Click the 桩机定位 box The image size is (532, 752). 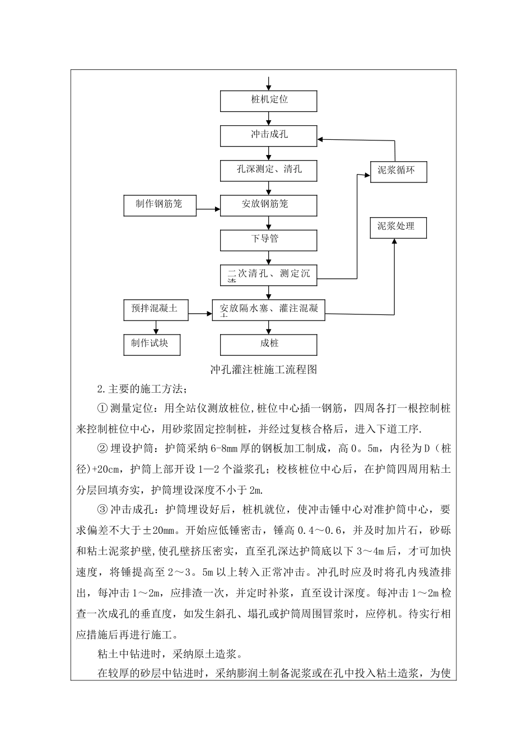click(269, 101)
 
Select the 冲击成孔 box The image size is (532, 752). click(269, 136)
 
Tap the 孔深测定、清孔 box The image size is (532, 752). click(269, 170)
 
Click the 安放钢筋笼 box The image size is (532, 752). click(269, 205)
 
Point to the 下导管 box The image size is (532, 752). click(269, 240)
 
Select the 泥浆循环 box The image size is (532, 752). click(398, 171)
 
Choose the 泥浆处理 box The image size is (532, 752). click(398, 227)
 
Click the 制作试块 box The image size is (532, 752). click(152, 344)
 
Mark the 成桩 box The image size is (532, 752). click(269, 344)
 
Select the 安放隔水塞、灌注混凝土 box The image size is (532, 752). click(269, 309)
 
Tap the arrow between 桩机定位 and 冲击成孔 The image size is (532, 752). click(269, 119)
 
